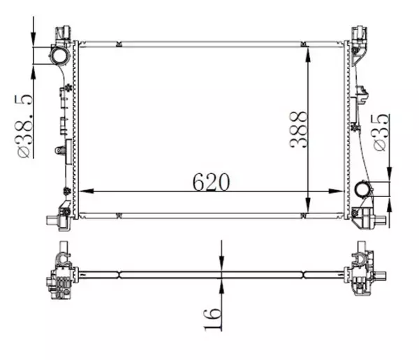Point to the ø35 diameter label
381,133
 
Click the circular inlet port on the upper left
59,55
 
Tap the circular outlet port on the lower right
363,189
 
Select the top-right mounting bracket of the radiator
359,34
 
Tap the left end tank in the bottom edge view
61,274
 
